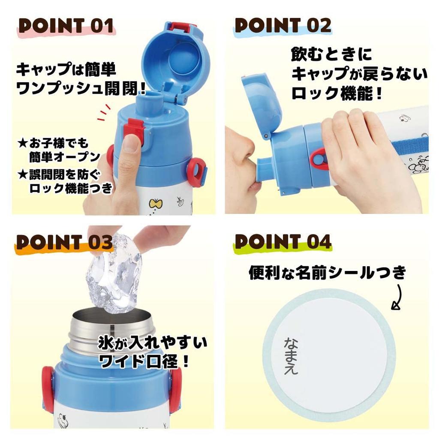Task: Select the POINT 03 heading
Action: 64,242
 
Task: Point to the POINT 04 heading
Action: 283,242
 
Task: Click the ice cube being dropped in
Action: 114,272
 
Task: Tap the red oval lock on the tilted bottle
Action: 319,159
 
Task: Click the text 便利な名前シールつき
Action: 327,273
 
